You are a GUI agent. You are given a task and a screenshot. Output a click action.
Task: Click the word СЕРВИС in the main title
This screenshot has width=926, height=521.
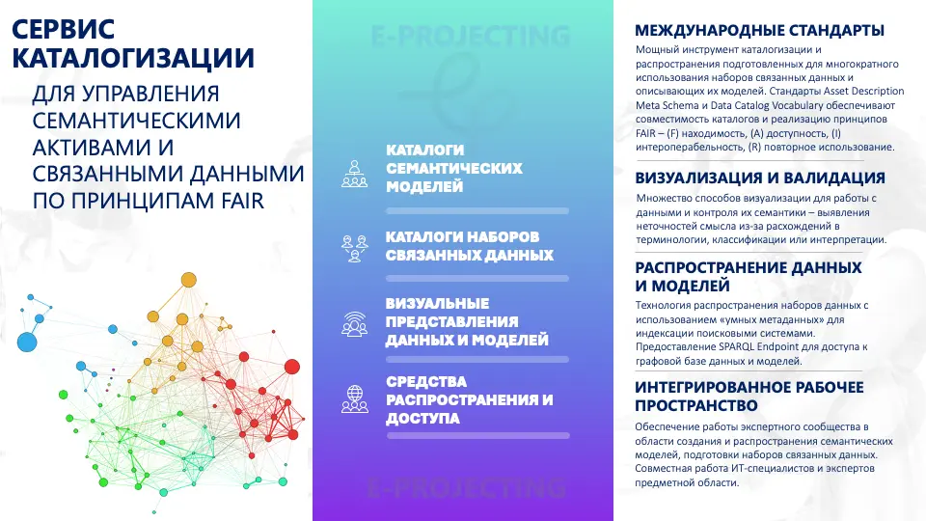click(64, 29)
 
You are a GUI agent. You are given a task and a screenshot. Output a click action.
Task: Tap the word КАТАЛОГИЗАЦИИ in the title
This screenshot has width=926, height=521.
click(133, 58)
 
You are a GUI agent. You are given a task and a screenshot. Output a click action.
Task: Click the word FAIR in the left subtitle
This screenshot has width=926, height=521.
click(243, 201)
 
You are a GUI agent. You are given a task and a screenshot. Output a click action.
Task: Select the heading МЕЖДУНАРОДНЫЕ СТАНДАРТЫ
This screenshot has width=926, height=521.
click(759, 30)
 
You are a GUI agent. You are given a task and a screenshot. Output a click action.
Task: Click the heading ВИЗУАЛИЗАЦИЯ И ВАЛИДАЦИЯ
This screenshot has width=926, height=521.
click(760, 178)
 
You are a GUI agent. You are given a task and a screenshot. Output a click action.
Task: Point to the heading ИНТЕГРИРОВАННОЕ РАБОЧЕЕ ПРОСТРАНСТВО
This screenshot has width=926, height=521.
click(749, 397)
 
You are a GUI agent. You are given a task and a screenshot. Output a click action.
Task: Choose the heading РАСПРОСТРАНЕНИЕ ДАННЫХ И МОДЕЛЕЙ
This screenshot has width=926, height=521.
click(749, 277)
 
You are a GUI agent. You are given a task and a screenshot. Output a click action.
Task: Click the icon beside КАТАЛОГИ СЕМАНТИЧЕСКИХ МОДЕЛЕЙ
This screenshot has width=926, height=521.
click(354, 174)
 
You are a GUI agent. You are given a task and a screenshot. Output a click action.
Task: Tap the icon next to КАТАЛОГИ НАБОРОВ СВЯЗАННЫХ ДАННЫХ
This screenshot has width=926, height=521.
click(354, 248)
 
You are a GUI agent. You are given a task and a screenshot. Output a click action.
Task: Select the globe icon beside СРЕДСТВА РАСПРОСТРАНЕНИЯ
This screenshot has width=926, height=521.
click(354, 398)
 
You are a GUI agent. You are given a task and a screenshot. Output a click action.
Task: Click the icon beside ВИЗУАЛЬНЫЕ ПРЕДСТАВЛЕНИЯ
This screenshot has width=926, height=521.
click(354, 324)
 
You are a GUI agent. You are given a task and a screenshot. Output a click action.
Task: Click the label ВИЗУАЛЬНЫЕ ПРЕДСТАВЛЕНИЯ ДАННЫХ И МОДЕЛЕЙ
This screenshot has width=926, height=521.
click(467, 322)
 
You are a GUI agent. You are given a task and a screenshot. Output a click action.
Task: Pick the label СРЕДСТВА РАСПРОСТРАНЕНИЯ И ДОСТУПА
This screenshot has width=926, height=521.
click(470, 399)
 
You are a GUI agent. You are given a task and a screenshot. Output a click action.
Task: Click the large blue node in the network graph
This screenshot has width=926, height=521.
click(27, 342)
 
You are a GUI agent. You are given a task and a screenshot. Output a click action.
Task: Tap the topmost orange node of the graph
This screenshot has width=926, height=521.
click(188, 280)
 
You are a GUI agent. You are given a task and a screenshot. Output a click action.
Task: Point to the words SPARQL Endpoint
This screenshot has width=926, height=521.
click(759, 346)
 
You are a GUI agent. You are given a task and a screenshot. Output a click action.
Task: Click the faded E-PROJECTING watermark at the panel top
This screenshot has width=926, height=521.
click(471, 36)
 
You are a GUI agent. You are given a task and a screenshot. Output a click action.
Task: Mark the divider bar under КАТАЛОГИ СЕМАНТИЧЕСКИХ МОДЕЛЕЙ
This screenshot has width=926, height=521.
click(477, 211)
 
